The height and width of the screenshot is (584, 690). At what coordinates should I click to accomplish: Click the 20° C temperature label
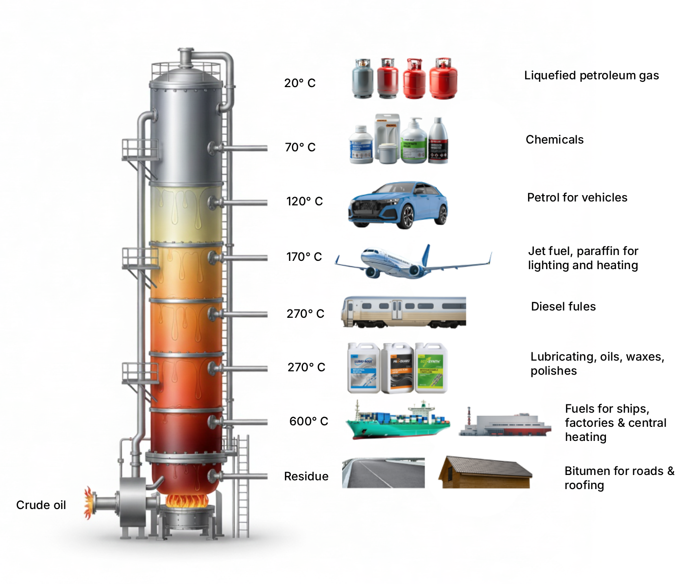(x=300, y=83)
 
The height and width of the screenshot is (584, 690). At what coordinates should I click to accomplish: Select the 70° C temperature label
(x=300, y=147)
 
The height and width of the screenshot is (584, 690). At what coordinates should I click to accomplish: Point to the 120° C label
(x=304, y=201)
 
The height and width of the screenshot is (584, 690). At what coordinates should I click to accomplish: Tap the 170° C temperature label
(x=304, y=257)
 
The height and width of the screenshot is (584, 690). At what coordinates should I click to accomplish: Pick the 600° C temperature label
(x=308, y=421)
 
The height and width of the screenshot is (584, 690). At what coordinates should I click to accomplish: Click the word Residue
(x=306, y=476)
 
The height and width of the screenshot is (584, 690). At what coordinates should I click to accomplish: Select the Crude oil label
(x=41, y=505)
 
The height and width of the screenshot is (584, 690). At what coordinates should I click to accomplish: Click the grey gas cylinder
(x=363, y=79)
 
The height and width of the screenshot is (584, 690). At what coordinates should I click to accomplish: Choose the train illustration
(x=404, y=311)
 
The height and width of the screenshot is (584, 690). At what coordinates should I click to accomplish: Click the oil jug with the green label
(x=430, y=368)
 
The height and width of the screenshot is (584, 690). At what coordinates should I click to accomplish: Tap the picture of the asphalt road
(x=383, y=473)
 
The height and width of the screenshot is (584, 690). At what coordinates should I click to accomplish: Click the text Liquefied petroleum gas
(x=591, y=75)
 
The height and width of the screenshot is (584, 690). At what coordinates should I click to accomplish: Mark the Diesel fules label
(x=563, y=307)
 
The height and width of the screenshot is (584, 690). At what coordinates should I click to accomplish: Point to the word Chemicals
(x=554, y=140)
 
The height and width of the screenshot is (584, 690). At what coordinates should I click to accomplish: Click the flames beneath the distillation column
(x=187, y=501)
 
